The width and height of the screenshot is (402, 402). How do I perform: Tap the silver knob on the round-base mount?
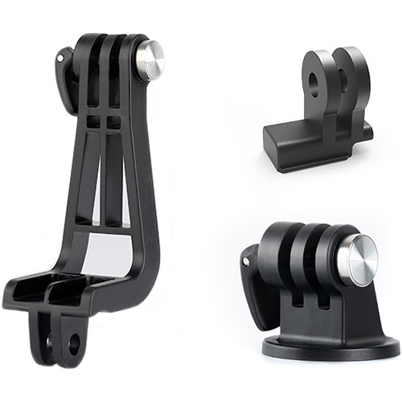(355, 260)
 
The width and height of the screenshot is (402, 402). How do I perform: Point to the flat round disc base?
(330, 348)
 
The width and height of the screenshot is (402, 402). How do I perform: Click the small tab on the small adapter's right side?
(367, 129)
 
